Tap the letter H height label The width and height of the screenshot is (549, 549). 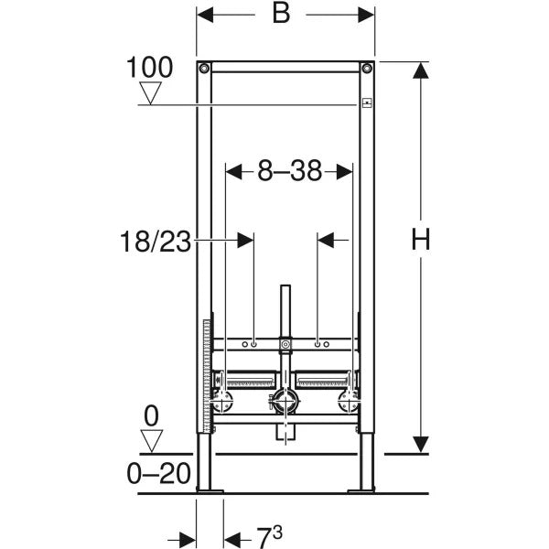420,242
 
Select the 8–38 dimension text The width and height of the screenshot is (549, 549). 288,169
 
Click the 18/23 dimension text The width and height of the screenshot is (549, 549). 156,242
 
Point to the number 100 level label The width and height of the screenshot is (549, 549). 151,66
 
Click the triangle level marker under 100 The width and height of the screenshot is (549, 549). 151,92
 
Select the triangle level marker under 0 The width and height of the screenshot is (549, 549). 151,440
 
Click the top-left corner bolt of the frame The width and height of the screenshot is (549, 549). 204,69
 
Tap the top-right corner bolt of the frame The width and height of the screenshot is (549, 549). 367,69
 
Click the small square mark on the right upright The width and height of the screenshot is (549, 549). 366,103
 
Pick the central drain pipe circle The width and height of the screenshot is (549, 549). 285,400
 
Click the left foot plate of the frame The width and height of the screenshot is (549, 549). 210,491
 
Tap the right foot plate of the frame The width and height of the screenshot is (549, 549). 361,491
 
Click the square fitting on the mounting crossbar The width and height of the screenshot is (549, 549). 285,346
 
